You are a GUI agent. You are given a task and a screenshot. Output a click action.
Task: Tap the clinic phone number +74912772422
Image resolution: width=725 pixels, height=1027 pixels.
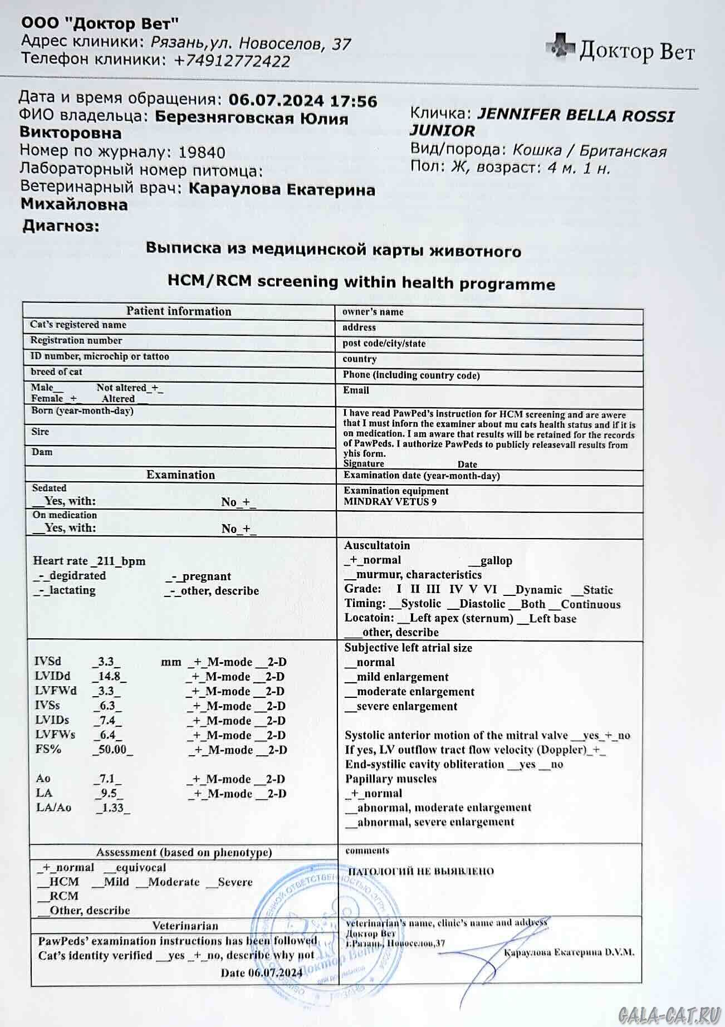coord(232,61)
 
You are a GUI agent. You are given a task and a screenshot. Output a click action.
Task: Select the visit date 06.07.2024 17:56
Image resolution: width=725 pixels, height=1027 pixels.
coord(303,101)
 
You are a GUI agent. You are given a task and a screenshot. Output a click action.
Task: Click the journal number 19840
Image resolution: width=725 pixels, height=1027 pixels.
coord(202,153)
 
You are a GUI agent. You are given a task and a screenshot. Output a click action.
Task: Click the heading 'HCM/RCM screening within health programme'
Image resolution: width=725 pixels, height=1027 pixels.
coord(361,282)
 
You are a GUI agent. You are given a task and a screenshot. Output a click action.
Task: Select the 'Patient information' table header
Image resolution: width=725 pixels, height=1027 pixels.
coord(178,311)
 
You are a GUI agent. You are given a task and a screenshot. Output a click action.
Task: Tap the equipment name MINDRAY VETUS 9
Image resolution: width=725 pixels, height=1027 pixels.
coord(390,502)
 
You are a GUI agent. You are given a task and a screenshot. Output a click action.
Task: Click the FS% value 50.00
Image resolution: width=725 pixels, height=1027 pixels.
coord(112,750)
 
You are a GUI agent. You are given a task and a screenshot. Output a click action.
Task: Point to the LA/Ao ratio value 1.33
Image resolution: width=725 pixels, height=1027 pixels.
coord(112,808)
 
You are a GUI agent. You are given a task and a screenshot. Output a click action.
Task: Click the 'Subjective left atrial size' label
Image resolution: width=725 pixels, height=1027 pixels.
coord(408,648)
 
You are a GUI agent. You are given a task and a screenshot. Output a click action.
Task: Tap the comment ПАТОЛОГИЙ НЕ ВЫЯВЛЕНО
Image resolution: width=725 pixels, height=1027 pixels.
coord(420,872)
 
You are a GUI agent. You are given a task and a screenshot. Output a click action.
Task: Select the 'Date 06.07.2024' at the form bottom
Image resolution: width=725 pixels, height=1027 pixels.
coord(261,972)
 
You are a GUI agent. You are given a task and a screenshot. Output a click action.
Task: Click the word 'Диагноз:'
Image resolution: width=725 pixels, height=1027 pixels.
coord(61,226)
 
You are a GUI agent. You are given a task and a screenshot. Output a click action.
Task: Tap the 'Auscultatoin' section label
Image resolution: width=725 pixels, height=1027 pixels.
coord(376,545)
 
